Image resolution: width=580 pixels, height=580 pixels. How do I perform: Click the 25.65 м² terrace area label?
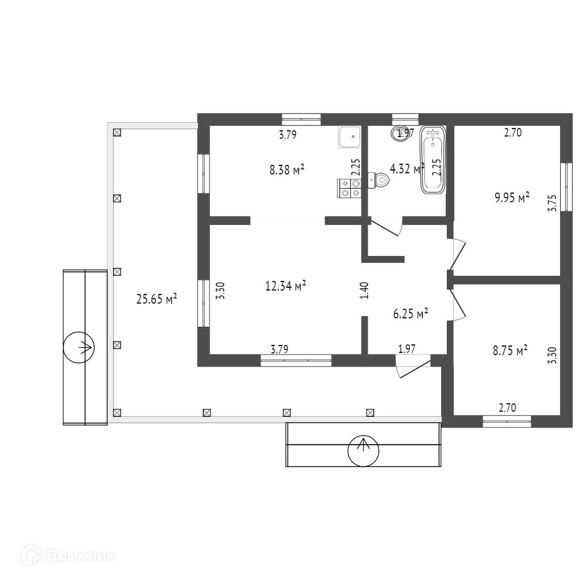point(157,298)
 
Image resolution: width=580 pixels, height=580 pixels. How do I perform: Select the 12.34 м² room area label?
point(286,286)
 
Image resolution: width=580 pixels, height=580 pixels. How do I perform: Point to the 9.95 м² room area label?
point(512,197)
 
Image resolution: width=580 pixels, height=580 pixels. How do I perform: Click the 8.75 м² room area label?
point(510,351)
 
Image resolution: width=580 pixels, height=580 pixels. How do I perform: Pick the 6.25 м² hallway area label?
point(410,313)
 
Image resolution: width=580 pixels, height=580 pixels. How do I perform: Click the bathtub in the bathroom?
point(433,160)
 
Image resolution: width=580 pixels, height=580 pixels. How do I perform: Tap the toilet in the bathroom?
point(380,180)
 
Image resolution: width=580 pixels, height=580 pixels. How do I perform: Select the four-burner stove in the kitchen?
point(349,188)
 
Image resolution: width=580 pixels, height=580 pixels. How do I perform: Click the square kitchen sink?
point(351,137)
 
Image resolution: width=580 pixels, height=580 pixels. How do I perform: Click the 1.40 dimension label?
point(364,290)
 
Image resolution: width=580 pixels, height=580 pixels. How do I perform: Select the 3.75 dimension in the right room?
point(553,203)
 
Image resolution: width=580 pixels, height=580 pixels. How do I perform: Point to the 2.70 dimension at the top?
point(513,134)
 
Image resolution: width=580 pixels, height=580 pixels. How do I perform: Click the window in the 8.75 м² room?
point(507,421)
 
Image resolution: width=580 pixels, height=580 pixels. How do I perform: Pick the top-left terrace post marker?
point(117,133)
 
